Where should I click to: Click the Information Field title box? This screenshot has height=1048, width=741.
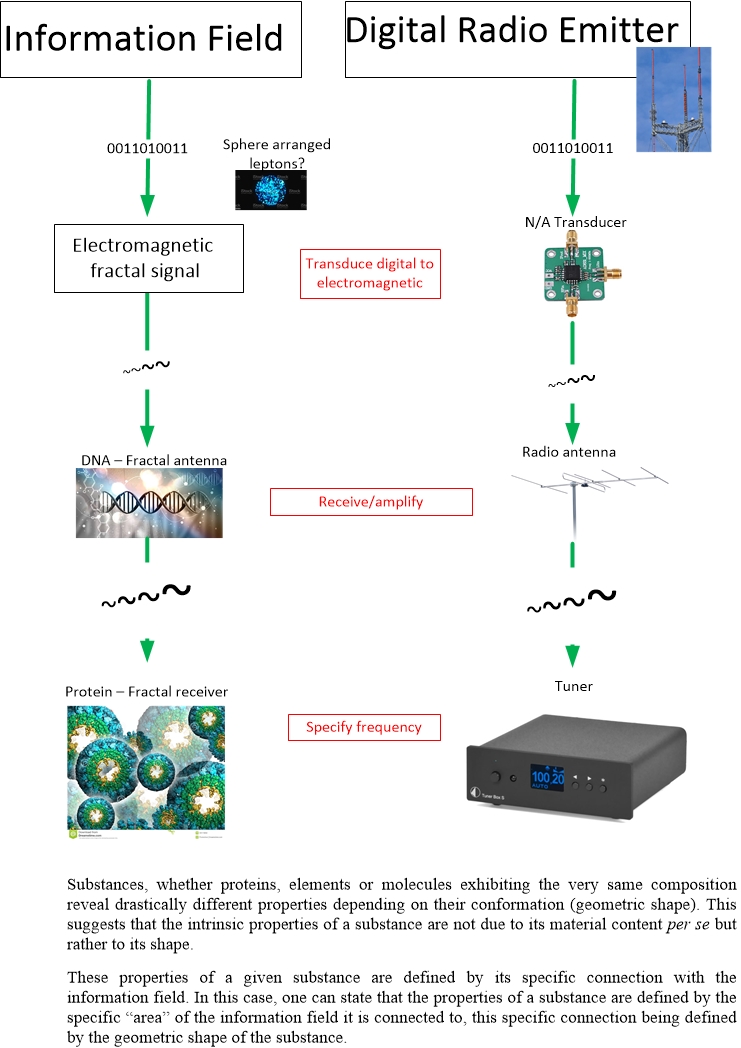(151, 40)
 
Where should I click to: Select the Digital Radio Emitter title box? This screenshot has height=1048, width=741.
(511, 39)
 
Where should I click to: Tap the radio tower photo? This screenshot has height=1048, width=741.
(673, 99)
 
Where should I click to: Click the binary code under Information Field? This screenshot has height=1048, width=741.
(148, 149)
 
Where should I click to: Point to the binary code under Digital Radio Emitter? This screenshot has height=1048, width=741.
(573, 149)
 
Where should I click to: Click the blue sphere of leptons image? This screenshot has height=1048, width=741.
(270, 190)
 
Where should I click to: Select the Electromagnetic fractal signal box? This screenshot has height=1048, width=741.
(149, 257)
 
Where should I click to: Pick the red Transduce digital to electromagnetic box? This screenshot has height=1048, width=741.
(370, 273)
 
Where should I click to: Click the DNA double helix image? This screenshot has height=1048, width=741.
(149, 503)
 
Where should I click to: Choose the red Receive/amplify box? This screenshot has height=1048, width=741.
(371, 502)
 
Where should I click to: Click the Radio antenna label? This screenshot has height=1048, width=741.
(569, 452)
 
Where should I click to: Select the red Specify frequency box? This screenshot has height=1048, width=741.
(364, 727)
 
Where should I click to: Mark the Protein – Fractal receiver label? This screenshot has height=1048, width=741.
(146, 691)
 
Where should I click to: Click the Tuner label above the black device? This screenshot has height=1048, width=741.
(573, 686)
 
